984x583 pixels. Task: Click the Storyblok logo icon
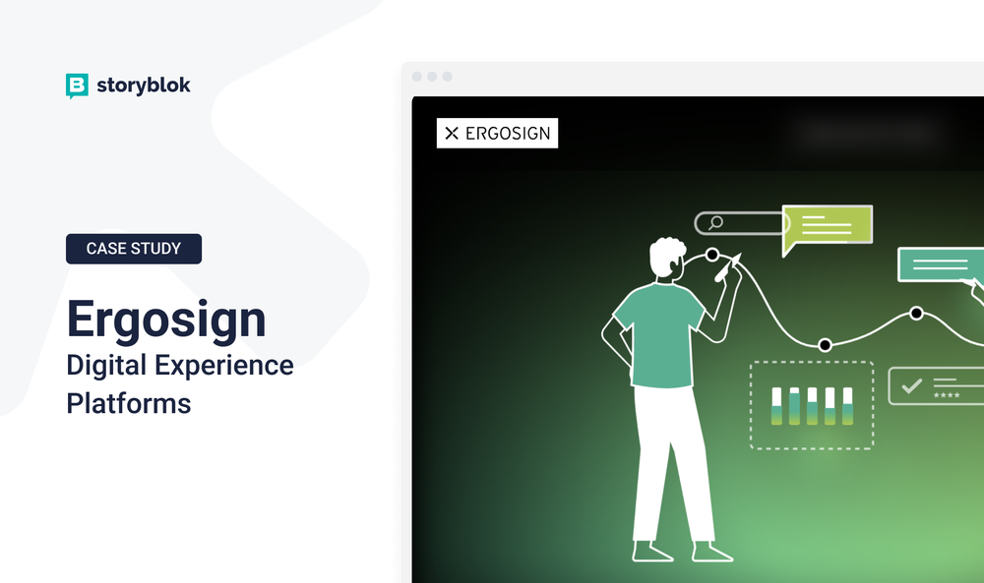(x=77, y=87)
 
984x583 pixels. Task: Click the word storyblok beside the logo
(x=144, y=86)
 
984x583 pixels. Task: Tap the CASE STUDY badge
(x=134, y=249)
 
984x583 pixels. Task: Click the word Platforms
(x=129, y=403)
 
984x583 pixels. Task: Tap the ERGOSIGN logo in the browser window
(x=497, y=134)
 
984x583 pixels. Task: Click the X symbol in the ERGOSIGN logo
(x=452, y=134)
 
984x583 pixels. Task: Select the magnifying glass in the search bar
(x=715, y=223)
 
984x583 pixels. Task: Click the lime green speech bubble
(x=827, y=226)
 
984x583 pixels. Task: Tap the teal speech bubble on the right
(x=941, y=263)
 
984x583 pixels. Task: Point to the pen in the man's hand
(x=729, y=266)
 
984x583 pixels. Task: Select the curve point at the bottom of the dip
(x=825, y=344)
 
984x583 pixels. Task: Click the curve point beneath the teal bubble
(x=916, y=314)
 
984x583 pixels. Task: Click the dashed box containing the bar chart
(x=811, y=405)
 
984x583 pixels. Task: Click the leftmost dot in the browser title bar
(x=416, y=77)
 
